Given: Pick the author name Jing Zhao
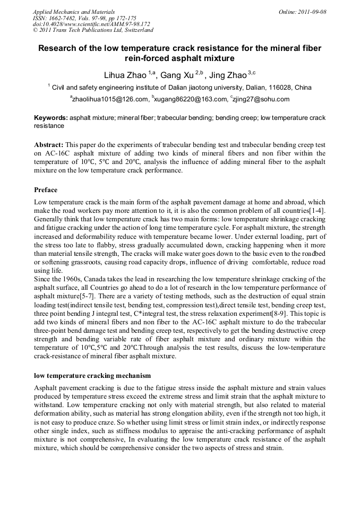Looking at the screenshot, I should [228, 75].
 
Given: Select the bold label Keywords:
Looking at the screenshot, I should [51, 118].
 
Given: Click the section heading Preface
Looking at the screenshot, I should [46, 189].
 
